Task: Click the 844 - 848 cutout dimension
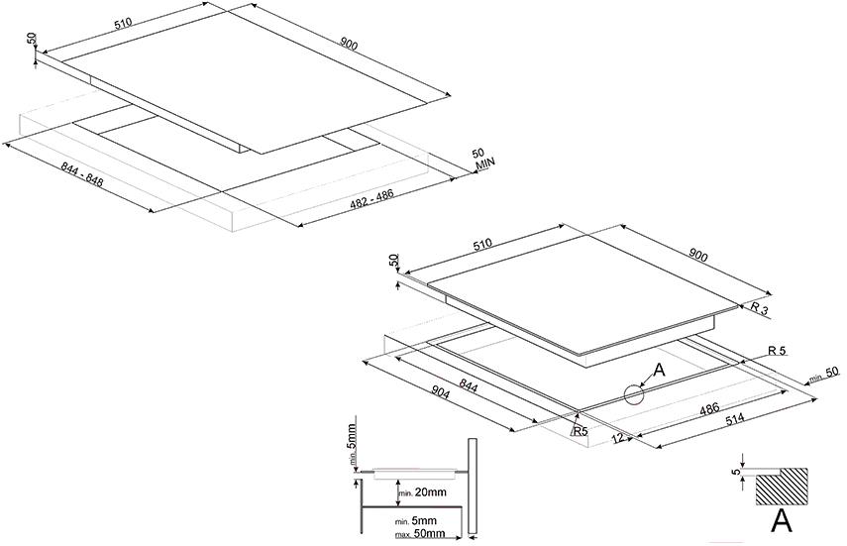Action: coord(82,174)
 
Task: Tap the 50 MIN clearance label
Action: coord(482,158)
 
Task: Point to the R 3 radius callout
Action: coord(759,309)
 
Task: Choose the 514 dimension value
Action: coord(733,420)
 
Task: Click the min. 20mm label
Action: coord(422,492)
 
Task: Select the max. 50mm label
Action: coord(420,534)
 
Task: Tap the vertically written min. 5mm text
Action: coord(352,445)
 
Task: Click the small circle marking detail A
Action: coord(634,394)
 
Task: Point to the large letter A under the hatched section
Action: coord(781,520)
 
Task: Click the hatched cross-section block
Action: coord(782,487)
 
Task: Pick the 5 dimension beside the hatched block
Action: coord(736,472)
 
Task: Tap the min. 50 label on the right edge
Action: coord(825,374)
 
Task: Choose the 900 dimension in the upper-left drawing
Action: coord(349,45)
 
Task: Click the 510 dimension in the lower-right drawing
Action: coord(481,244)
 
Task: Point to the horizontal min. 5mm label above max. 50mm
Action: coord(416,521)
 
